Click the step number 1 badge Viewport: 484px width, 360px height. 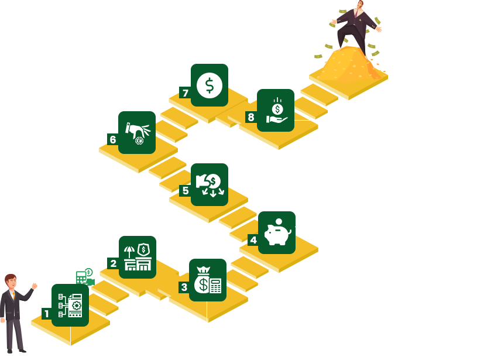(x=47, y=314)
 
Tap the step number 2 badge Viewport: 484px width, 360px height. (x=114, y=264)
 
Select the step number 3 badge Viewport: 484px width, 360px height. (x=184, y=287)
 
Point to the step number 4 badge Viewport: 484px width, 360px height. (x=253, y=240)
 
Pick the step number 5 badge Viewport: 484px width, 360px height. (x=186, y=190)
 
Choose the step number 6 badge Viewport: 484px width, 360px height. (x=113, y=139)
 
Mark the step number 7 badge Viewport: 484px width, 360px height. (x=186, y=93)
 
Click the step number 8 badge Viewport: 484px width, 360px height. (x=251, y=117)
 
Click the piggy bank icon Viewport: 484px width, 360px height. (x=277, y=232)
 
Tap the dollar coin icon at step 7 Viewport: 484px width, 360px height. (x=209, y=85)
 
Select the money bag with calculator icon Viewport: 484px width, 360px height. (x=208, y=280)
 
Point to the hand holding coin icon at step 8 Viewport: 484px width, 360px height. (x=276, y=111)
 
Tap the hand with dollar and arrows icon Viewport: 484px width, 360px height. (x=209, y=184)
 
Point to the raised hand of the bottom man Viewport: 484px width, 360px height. (x=35, y=286)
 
